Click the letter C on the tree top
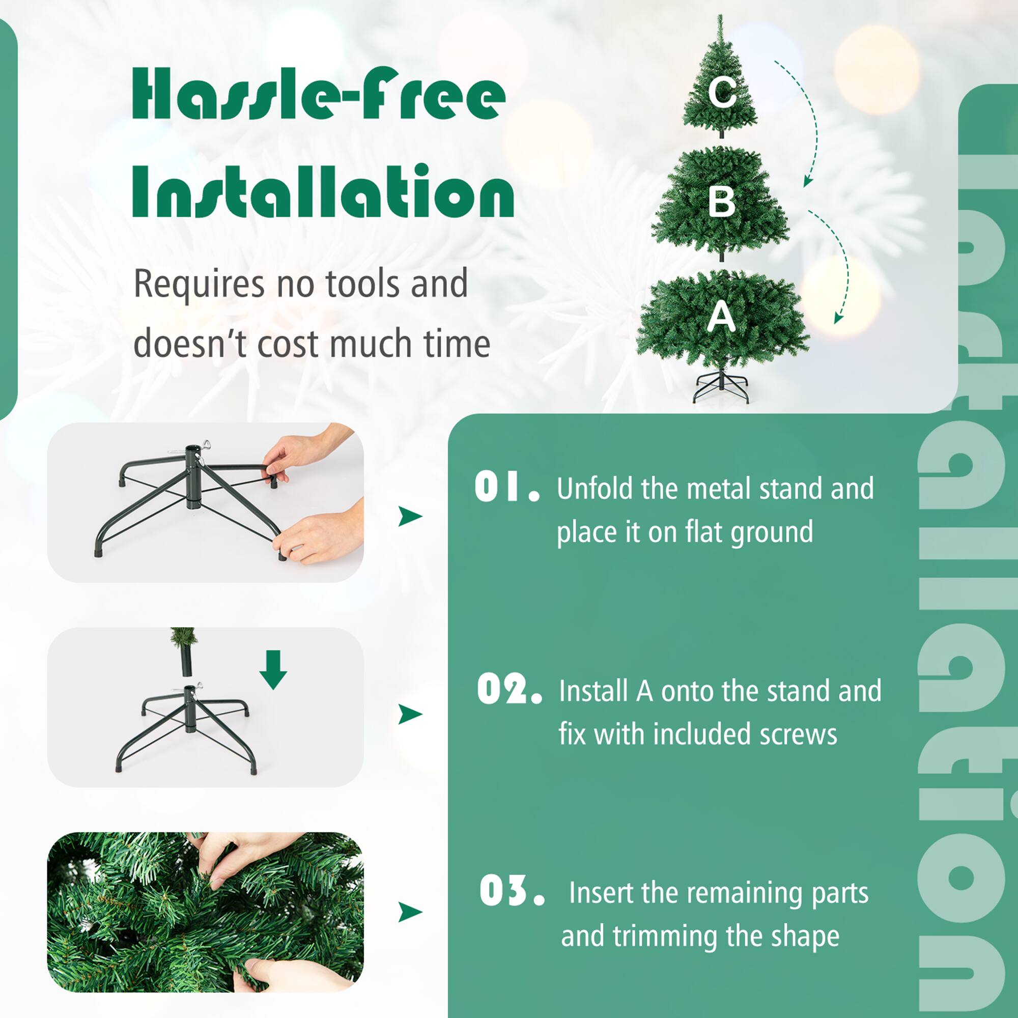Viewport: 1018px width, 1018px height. pyautogui.click(x=721, y=93)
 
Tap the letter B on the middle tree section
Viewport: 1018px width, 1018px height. pyautogui.click(x=721, y=201)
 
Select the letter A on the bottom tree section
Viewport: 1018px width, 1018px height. pyautogui.click(x=721, y=317)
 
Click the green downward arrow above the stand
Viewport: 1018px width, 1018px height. pyautogui.click(x=273, y=669)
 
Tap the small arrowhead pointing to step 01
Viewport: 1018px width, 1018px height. pyautogui.click(x=409, y=516)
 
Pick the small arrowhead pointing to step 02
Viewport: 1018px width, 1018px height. pyautogui.click(x=409, y=714)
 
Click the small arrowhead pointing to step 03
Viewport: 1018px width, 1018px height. pyautogui.click(x=409, y=912)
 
